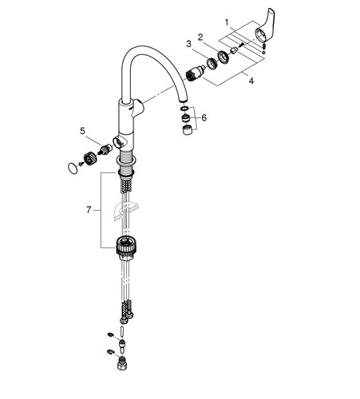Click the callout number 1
(227, 22)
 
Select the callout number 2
(200, 37)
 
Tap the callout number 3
(188, 44)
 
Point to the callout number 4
(251, 81)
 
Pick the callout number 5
(83, 131)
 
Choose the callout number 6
(204, 117)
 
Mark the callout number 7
(89, 210)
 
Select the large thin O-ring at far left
(73, 168)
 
